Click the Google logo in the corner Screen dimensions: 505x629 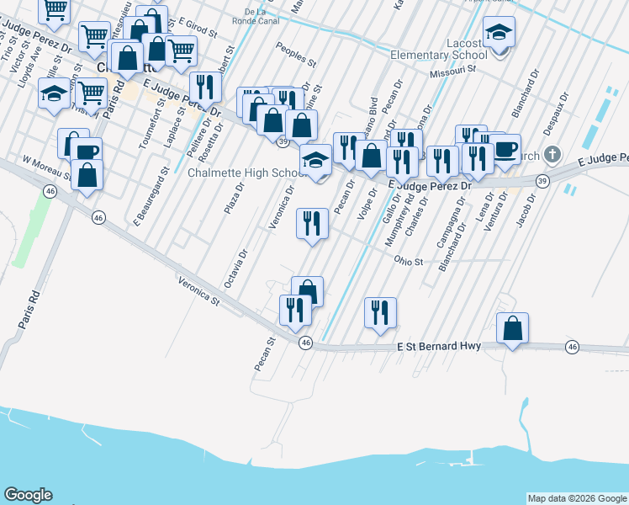point(28,495)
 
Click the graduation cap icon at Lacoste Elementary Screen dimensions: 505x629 point(499,34)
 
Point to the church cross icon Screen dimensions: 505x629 point(552,154)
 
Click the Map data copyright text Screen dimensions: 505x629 point(577,498)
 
